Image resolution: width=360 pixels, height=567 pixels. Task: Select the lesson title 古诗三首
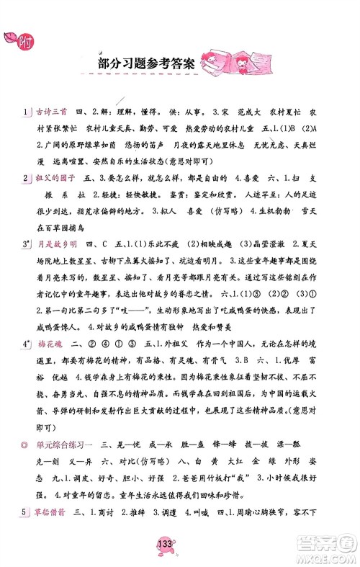pyautogui.click(x=50, y=114)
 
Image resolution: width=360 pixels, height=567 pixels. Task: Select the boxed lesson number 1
pyautogui.click(x=25, y=114)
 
